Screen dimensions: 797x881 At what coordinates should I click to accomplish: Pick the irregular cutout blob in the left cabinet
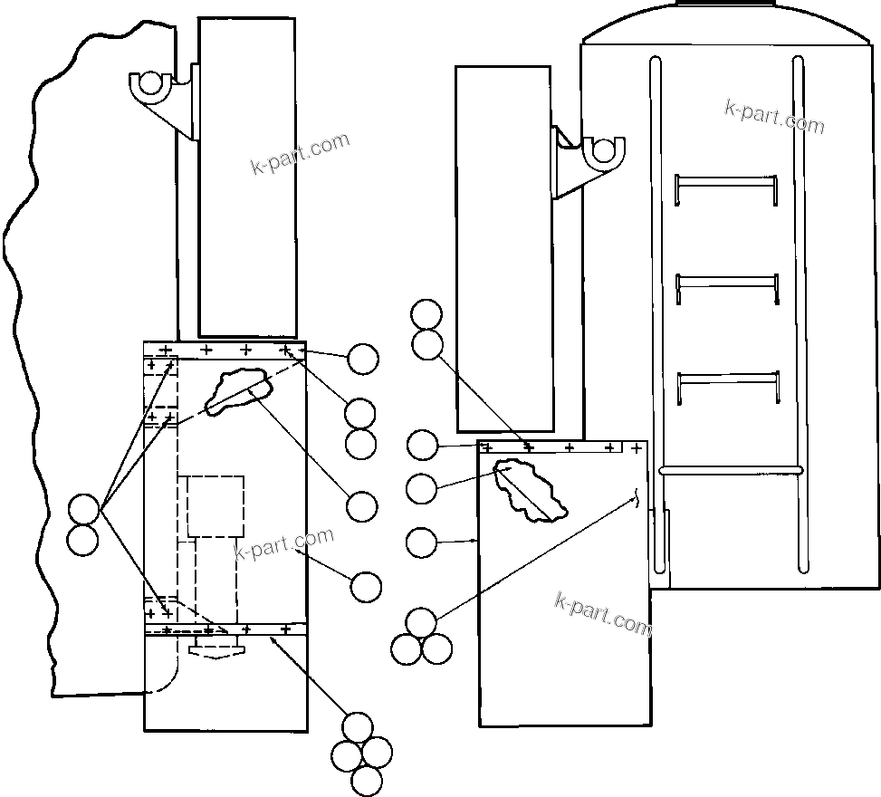click(238, 390)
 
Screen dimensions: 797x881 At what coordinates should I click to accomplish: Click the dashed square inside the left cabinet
click(215, 505)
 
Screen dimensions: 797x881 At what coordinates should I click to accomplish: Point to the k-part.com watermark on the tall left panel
click(300, 154)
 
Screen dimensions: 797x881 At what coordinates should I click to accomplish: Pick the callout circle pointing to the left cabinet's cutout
click(362, 506)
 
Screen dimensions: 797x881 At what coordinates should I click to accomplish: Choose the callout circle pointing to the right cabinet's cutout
click(422, 488)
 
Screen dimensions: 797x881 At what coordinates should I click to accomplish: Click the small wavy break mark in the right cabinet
click(637, 499)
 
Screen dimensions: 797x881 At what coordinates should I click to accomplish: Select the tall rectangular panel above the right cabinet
click(503, 248)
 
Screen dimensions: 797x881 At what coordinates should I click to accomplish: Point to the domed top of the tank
click(729, 22)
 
